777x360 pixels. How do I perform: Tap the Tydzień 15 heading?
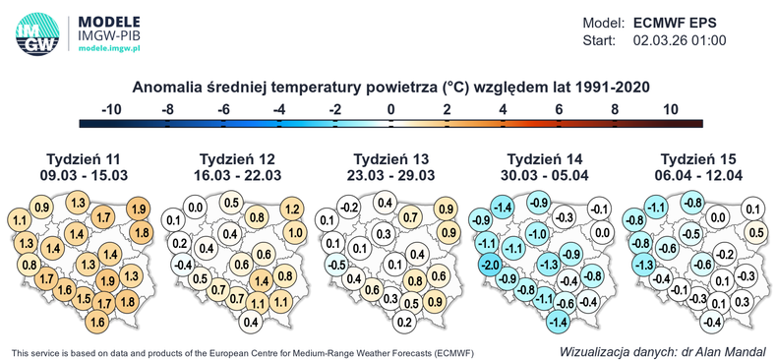click(x=699, y=159)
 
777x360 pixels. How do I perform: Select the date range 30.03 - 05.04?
click(x=545, y=175)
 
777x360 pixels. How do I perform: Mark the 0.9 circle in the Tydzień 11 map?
click(x=42, y=208)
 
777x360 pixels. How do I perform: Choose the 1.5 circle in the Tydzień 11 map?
click(x=85, y=300)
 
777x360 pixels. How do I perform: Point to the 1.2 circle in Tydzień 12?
click(x=291, y=209)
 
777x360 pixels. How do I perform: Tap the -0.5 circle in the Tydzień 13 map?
click(x=334, y=264)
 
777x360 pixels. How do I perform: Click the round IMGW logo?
click(x=35, y=32)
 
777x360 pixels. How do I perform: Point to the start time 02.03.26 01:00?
click(x=678, y=40)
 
